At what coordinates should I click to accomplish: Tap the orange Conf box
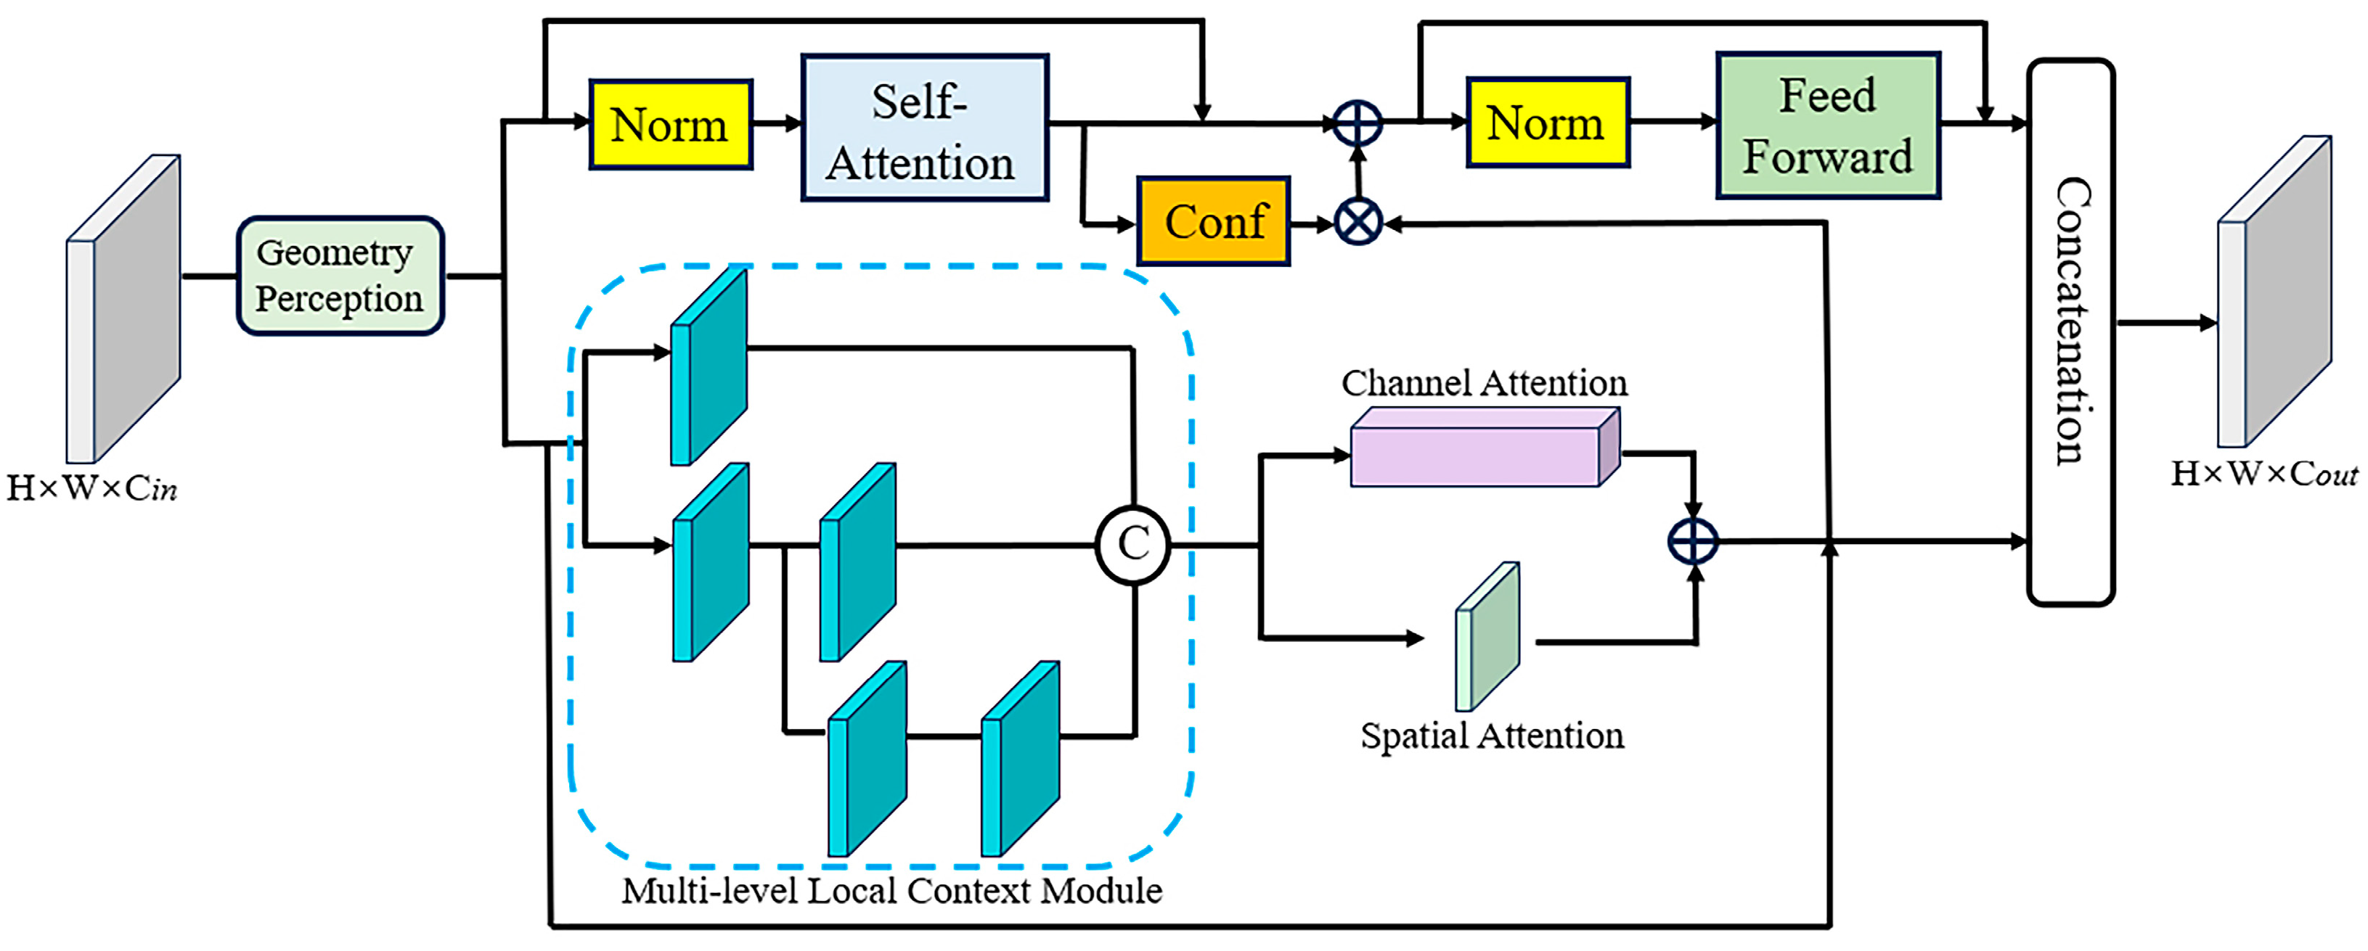pos(1214,221)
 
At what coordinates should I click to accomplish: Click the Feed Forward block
pos(1827,126)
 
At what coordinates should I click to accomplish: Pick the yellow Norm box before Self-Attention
pos(670,124)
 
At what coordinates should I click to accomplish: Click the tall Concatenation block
pos(2070,331)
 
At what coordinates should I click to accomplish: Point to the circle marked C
pos(1132,545)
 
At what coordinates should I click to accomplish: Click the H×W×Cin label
pos(92,488)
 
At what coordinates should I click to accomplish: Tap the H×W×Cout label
pos(2263,474)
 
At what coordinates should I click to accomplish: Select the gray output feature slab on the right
pos(2274,292)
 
